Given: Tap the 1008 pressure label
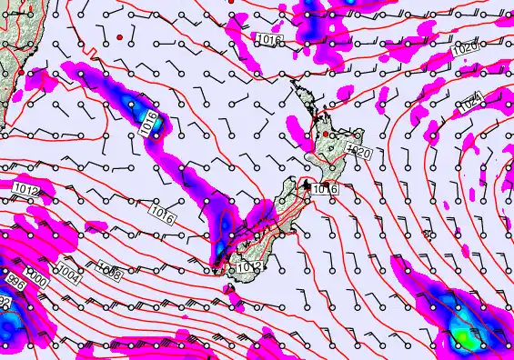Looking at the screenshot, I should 110,270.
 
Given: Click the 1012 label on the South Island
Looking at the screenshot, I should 252,266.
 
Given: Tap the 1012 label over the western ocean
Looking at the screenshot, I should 27,190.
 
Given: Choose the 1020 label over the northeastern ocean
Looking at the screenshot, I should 464,47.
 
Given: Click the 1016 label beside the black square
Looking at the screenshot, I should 326,189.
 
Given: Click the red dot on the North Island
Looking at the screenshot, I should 326,135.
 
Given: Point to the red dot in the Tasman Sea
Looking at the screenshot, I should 119,36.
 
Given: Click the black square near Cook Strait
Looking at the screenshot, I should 307,186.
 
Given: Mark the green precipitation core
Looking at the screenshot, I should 465,337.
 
